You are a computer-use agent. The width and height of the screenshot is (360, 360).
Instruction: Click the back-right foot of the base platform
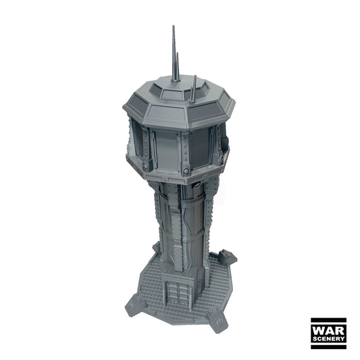(x=228, y=257)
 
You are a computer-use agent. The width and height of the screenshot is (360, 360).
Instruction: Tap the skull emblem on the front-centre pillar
(x=186, y=172)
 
